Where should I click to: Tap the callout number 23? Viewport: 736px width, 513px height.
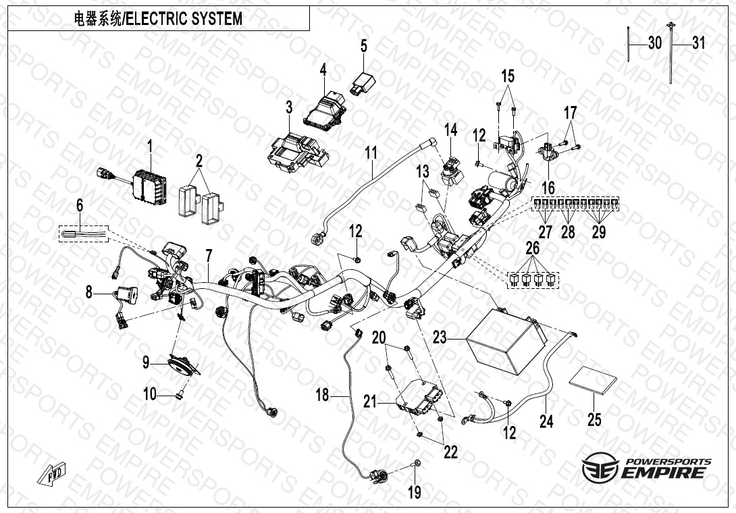pos(440,337)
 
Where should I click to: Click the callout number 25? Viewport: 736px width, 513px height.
pos(594,419)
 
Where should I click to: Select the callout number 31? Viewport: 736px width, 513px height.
pos(699,43)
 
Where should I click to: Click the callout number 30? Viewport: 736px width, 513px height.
pos(655,43)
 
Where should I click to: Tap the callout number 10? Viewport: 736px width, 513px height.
pos(150,394)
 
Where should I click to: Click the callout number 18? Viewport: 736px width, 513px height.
pos(323,395)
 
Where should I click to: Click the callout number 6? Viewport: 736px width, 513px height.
pos(80,205)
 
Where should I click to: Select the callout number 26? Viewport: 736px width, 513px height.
pos(532,247)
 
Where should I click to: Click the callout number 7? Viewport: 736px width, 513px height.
pos(209,256)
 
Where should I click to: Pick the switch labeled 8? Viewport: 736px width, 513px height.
pos(127,294)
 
